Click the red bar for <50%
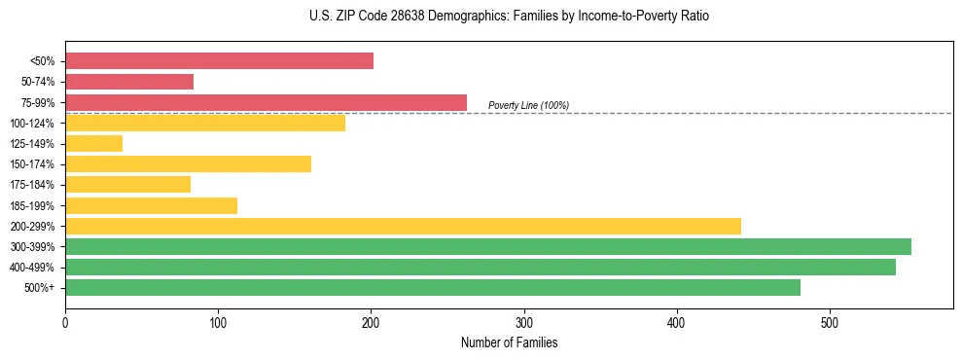(219, 61)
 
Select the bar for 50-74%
(129, 82)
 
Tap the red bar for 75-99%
(266, 102)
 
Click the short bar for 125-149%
(93, 144)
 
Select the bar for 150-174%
(188, 164)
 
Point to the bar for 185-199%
(151, 205)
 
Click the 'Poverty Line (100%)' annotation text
(528, 105)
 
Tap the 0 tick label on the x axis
(65, 323)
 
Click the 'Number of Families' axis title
(509, 342)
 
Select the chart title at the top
(509, 17)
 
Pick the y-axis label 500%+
(41, 288)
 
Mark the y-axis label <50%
(43, 61)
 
